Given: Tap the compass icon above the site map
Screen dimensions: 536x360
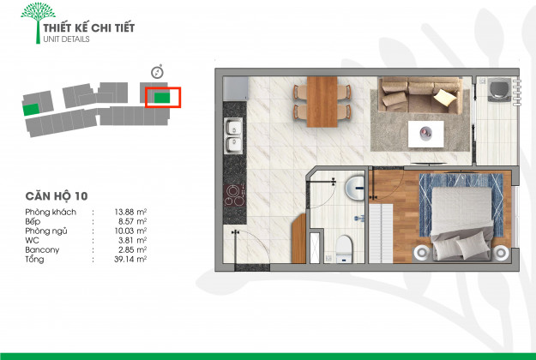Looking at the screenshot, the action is (157, 72).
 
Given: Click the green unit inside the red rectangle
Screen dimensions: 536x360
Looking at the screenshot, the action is (162, 98).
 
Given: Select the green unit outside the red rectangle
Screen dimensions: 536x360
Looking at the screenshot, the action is (31, 110).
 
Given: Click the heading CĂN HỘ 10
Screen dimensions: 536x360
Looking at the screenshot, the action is (57, 196).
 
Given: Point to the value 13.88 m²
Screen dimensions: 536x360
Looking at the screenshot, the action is (130, 212).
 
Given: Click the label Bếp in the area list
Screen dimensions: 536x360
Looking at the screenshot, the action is (33, 221).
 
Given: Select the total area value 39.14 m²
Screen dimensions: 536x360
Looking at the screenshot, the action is (130, 259).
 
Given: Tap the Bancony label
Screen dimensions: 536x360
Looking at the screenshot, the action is (42, 249).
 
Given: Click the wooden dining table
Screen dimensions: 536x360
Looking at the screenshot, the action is (322, 102).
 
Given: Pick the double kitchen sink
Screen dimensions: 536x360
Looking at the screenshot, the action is (234, 135).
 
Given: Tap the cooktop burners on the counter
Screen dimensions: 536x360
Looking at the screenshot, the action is (234, 195).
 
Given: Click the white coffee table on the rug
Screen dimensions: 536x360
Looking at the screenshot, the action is (426, 134).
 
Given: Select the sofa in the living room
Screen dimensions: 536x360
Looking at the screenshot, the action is (420, 95).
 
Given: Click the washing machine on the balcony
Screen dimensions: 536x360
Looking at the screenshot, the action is (499, 89).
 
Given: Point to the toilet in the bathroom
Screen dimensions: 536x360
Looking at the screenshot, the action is (344, 249).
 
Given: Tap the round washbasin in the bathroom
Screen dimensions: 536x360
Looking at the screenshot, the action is (355, 188).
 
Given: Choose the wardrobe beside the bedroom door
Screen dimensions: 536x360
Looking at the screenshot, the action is (381, 233).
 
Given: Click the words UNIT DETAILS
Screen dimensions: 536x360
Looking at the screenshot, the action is (66, 39).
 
